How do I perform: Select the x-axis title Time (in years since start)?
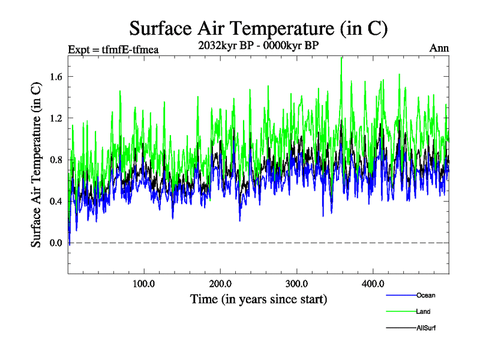[x=259, y=298]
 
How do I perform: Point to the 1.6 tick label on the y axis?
[x=57, y=76]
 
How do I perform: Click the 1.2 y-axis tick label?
[x=57, y=118]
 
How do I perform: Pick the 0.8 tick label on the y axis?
[x=57, y=160]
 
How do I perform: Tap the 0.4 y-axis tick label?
[x=57, y=201]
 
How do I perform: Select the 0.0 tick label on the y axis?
[x=57, y=243]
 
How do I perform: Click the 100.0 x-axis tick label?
[x=144, y=283]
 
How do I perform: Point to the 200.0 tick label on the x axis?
[x=221, y=283]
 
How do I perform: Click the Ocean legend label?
[x=425, y=295]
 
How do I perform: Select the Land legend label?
[x=423, y=311]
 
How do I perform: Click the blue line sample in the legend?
[x=400, y=295]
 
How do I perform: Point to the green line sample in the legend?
[x=400, y=311]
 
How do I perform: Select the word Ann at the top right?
[x=439, y=48]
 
